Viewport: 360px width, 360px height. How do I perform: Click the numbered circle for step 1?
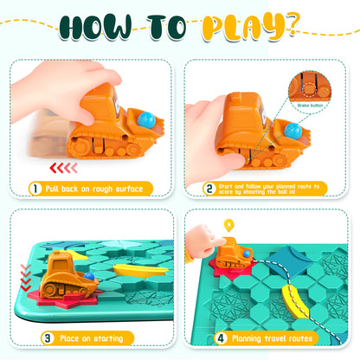point(36,188)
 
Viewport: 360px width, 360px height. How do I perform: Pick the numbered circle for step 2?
point(209,187)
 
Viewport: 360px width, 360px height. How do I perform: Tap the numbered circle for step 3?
point(36,337)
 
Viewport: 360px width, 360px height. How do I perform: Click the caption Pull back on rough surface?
point(95,188)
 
